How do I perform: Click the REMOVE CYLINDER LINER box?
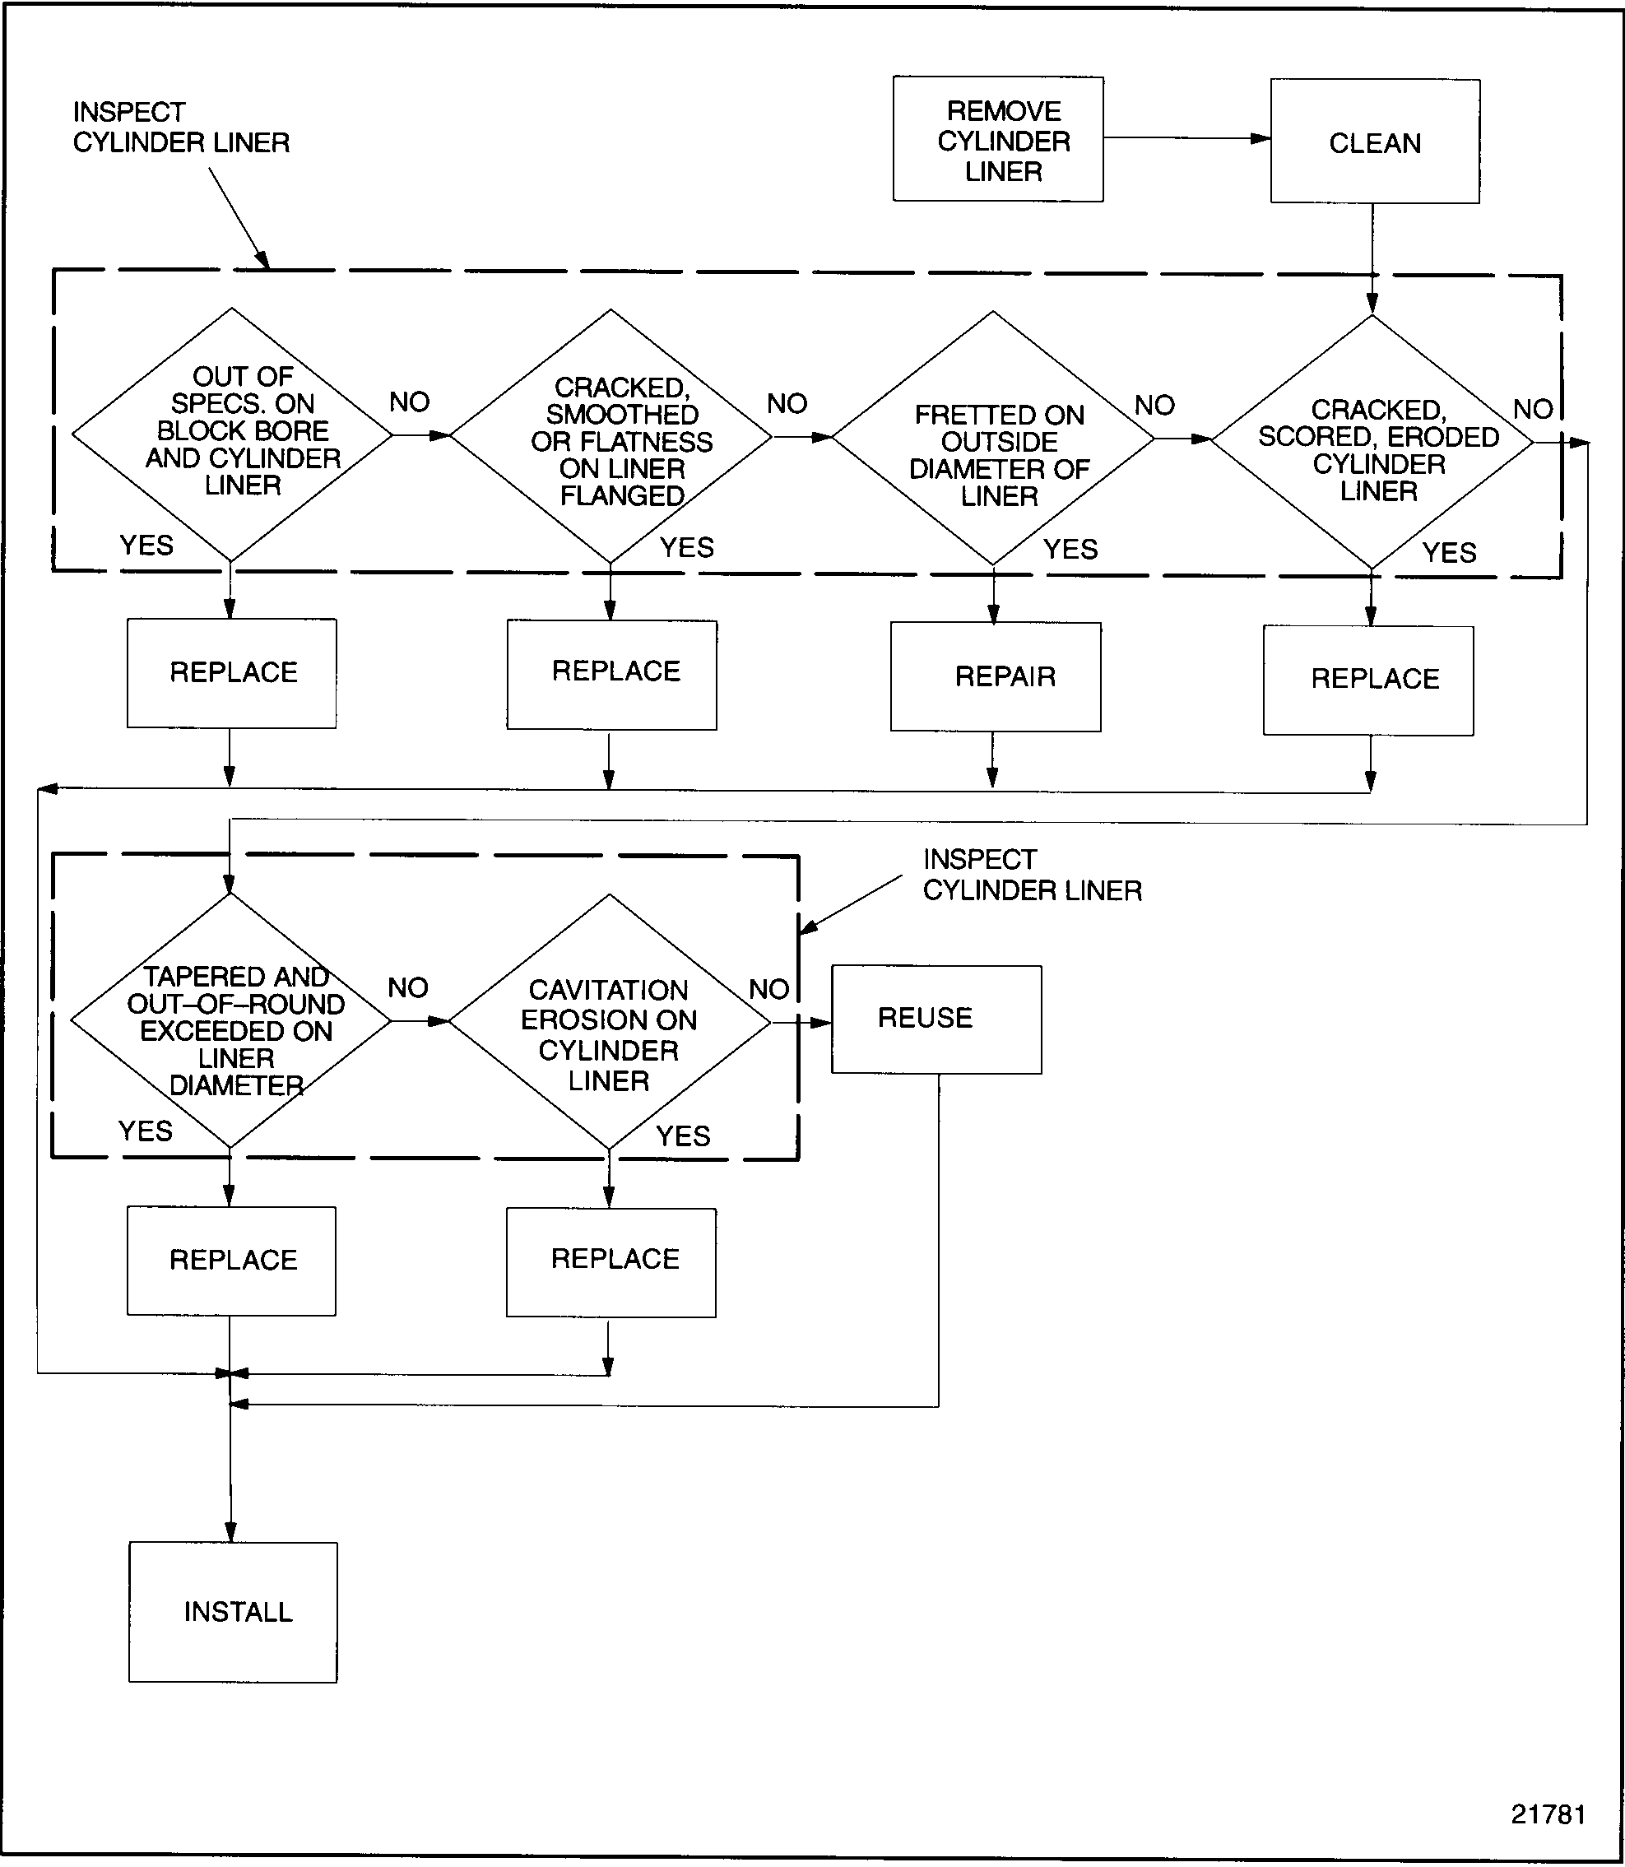pos(997,139)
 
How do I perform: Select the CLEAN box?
pos(1375,142)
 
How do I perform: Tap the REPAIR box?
pos(996,676)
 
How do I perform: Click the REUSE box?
pos(936,1019)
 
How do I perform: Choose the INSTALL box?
pos(233,1612)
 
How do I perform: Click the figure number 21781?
pos(1548,1814)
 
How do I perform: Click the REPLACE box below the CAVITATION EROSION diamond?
pos(611,1262)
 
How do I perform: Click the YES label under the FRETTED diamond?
pos(1070,550)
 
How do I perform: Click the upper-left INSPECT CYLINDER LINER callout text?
pos(180,128)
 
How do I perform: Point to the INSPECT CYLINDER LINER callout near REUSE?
pos(1032,875)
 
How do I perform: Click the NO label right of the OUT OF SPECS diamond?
pos(409,402)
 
